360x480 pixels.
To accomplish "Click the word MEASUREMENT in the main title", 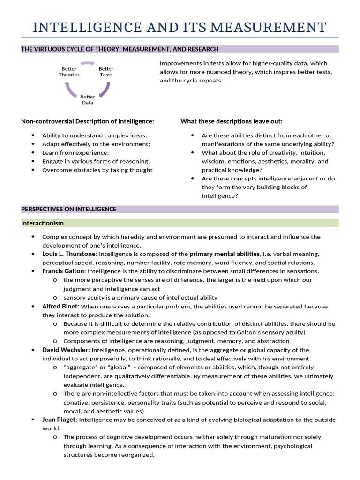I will (x=268, y=27).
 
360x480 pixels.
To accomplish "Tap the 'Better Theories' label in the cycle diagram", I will (x=69, y=72).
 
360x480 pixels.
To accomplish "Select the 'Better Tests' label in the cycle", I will (x=106, y=72).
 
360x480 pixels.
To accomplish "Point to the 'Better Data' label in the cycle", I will (x=88, y=99).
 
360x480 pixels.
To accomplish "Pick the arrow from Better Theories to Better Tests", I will (x=88, y=63).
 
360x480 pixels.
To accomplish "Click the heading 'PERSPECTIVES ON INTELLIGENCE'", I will (x=69, y=209).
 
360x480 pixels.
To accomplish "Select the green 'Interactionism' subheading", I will (x=42, y=223).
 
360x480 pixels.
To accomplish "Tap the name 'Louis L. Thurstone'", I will (x=69, y=254).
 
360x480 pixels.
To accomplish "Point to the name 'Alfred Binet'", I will (x=60, y=307).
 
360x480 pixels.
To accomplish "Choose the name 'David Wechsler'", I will (x=66, y=350).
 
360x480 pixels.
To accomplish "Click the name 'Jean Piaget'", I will (x=60, y=420).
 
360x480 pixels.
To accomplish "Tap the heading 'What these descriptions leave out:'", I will (x=232, y=121).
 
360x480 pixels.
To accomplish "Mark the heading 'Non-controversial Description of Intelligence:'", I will (x=88, y=121).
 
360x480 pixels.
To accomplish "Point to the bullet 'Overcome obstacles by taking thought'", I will (x=97, y=170).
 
